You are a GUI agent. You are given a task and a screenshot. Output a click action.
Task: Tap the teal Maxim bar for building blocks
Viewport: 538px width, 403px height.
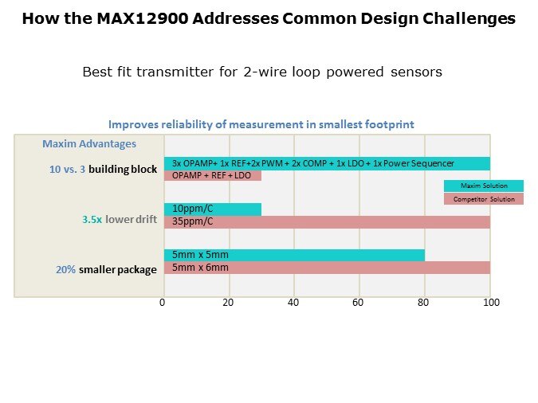click(x=327, y=163)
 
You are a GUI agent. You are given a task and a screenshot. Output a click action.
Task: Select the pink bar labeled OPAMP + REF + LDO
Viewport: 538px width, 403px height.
click(x=212, y=175)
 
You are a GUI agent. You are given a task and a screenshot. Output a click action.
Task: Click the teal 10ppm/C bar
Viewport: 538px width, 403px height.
click(x=212, y=209)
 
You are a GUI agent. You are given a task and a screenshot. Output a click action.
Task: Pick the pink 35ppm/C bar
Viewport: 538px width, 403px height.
click(x=327, y=222)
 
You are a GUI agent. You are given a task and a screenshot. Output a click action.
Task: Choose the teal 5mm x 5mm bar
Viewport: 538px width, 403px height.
click(x=293, y=255)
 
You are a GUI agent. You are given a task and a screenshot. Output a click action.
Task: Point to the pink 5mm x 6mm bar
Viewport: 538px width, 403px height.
click(x=327, y=268)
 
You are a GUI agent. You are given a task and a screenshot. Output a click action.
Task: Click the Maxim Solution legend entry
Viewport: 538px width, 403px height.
click(x=484, y=186)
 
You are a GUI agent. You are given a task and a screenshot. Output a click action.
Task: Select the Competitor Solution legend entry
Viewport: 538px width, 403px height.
click(x=484, y=199)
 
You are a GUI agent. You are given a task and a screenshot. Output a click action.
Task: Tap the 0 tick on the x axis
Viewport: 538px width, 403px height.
click(x=163, y=303)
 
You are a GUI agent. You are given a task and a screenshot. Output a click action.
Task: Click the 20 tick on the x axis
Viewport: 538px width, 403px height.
click(x=229, y=303)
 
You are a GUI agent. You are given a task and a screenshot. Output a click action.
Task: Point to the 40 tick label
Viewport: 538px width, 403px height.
click(x=294, y=303)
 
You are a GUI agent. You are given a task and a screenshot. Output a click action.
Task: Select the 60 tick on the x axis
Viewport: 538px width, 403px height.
click(x=359, y=303)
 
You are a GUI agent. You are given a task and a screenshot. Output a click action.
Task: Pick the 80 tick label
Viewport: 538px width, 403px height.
click(x=425, y=303)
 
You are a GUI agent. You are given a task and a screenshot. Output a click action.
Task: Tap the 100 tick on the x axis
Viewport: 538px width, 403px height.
click(x=491, y=303)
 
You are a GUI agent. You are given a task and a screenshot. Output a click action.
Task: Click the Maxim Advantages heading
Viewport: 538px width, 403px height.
click(x=89, y=144)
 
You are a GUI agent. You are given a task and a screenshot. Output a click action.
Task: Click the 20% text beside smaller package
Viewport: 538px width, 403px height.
click(x=65, y=269)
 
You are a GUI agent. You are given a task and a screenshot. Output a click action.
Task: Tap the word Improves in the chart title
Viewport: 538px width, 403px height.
click(x=132, y=124)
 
